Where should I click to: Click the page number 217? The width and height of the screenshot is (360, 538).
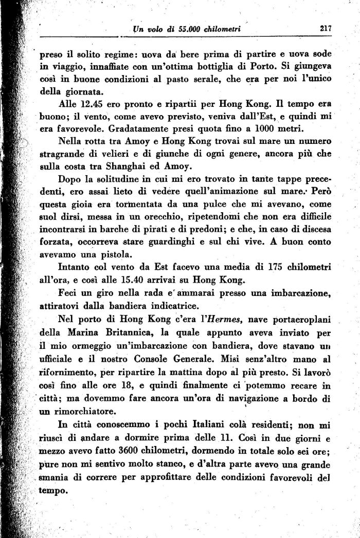point(325,29)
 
